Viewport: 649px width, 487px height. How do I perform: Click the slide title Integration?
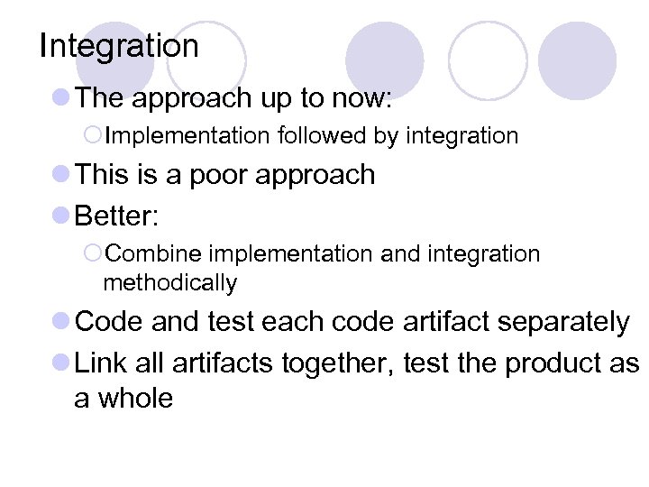(119, 46)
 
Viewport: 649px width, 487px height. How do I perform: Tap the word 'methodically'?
(170, 282)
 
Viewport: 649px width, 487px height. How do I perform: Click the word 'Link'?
(101, 363)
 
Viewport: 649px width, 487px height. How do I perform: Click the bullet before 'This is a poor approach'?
(61, 174)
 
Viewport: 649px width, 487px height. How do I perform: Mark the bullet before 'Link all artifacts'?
(61, 363)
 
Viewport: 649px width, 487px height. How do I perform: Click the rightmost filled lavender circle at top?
(577, 60)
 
